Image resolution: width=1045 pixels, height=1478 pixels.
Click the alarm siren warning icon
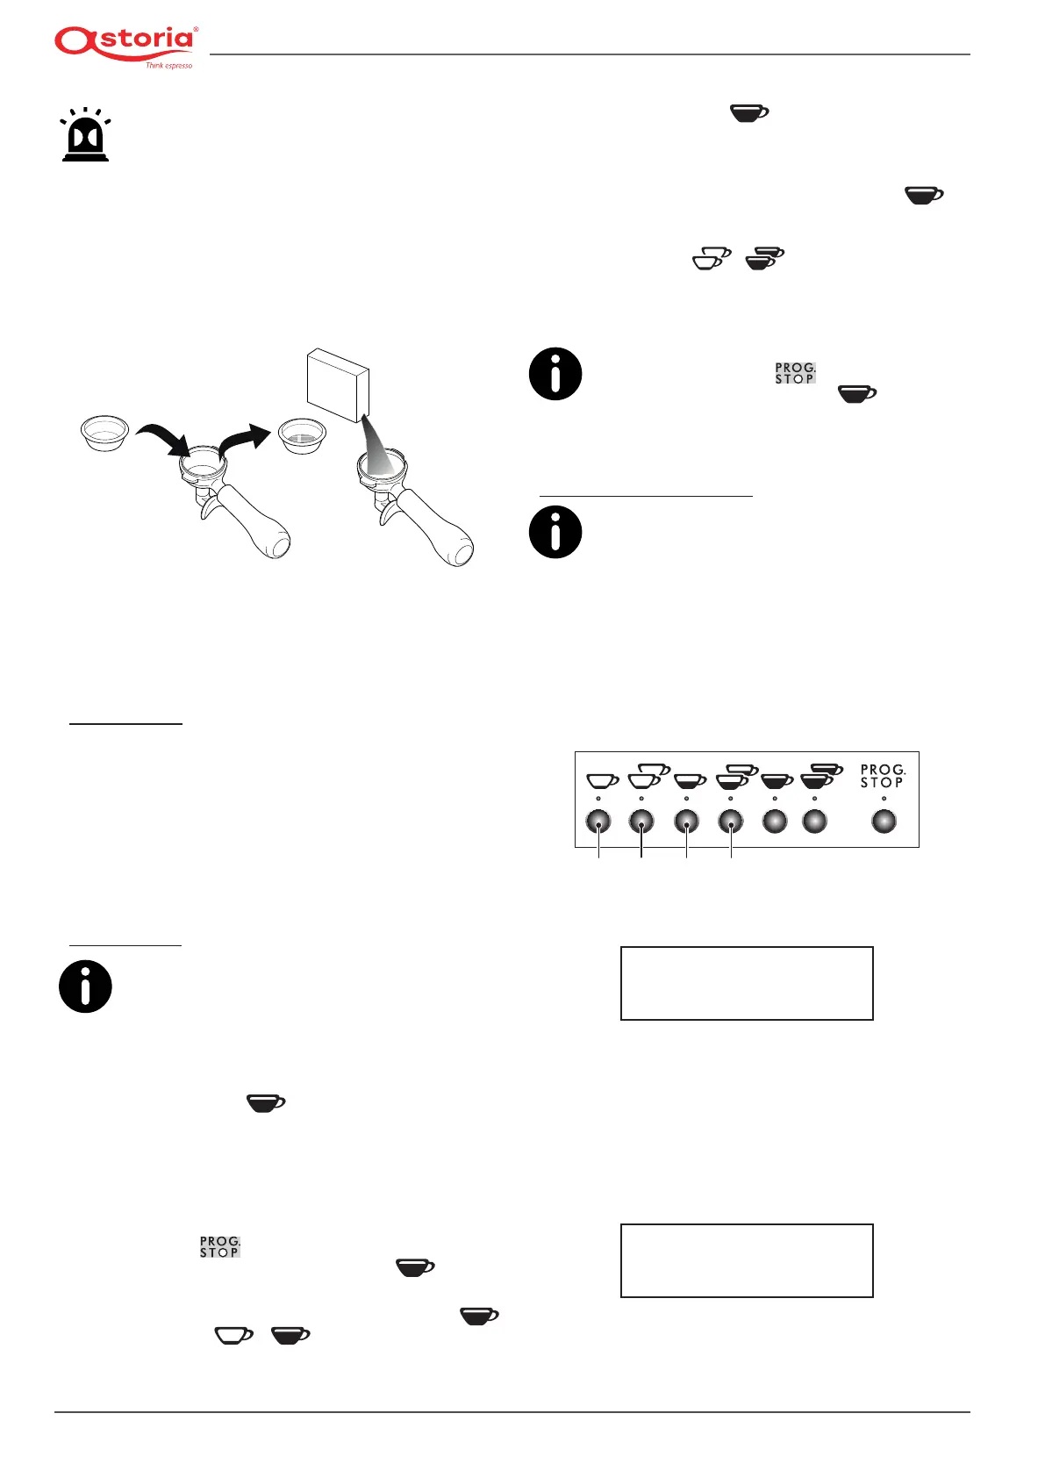(85, 136)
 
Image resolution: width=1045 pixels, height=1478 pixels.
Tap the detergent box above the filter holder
(338, 384)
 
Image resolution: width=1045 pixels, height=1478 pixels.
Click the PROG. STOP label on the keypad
(882, 776)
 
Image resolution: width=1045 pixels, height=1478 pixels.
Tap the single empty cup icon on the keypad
(602, 779)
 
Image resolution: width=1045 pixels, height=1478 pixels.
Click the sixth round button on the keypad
(815, 822)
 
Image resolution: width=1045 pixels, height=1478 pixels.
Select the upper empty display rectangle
(747, 983)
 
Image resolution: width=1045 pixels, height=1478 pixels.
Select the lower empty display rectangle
(747, 1260)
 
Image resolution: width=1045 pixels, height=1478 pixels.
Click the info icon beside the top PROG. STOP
(555, 374)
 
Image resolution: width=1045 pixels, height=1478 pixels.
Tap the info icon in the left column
(85, 987)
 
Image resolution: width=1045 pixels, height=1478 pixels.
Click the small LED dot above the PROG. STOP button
(884, 799)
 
